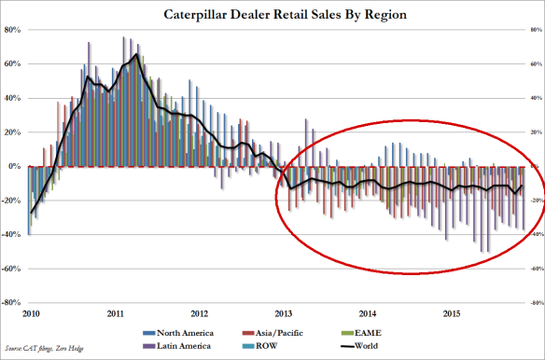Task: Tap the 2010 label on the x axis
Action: point(30,313)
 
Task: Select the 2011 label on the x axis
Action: point(115,313)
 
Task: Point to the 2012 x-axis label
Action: point(199,313)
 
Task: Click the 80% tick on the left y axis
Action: point(15,30)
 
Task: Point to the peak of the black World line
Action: point(136,54)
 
